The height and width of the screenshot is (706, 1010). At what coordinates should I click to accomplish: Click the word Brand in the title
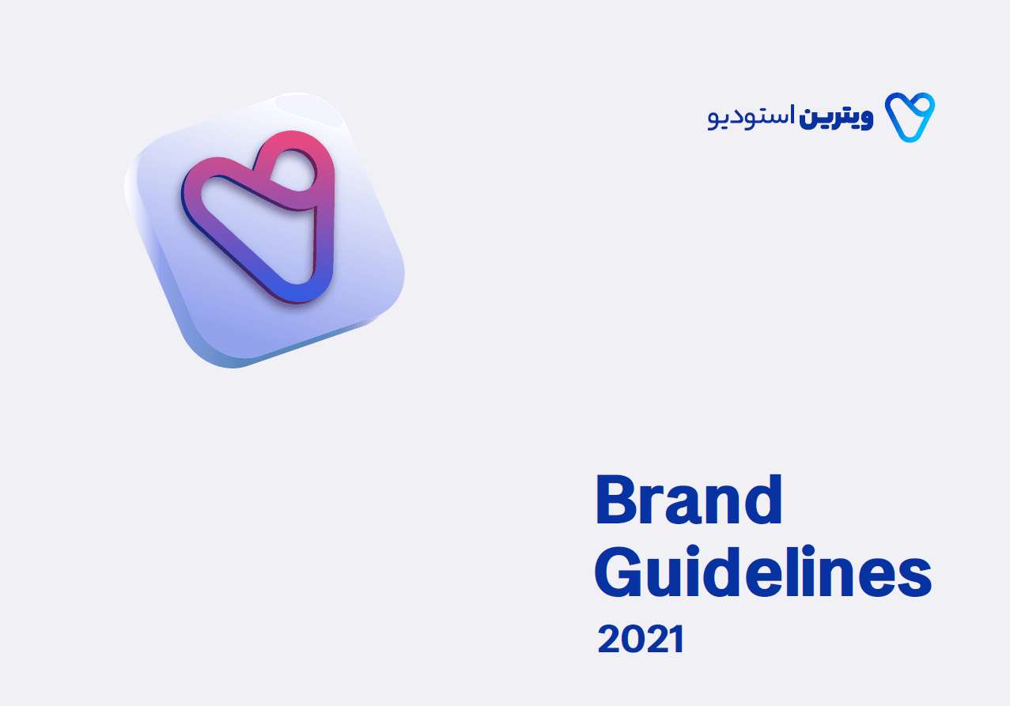tap(688, 500)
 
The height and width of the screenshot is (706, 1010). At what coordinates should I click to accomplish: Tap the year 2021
tap(641, 639)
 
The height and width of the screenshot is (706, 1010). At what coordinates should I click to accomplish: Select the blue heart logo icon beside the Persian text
tap(910, 117)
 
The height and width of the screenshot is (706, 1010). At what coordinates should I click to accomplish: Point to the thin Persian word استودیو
tap(747, 116)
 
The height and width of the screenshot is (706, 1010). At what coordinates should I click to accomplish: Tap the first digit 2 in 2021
tap(611, 639)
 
